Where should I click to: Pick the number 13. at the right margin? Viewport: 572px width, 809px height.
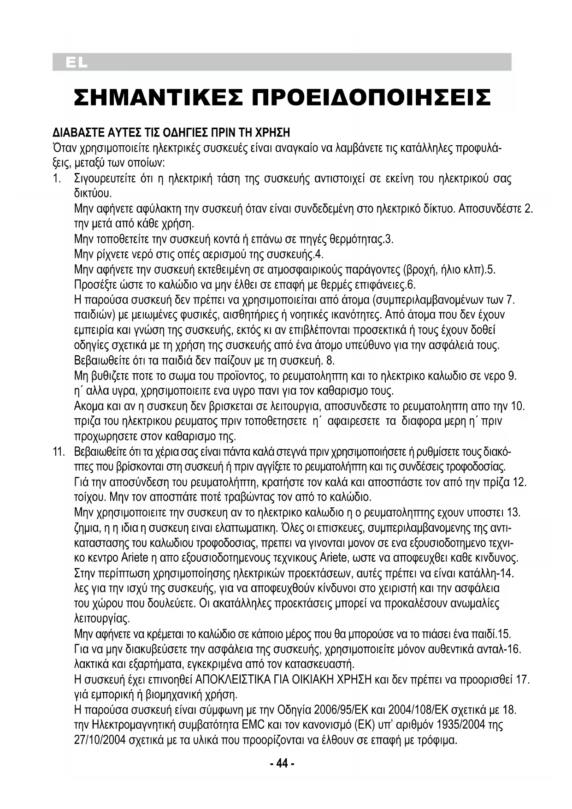[x=513, y=512]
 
